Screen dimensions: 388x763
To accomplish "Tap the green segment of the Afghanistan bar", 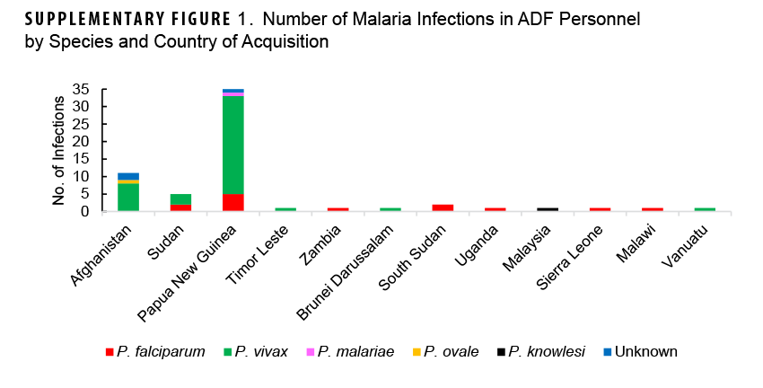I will point(128,197).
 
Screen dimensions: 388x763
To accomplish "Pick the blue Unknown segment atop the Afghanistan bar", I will point(128,176).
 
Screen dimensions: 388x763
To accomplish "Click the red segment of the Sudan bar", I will point(180,207).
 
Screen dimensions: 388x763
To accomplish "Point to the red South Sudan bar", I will point(443,207).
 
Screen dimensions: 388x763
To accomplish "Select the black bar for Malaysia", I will point(548,209).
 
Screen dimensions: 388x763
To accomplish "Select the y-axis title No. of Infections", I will point(59,151).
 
